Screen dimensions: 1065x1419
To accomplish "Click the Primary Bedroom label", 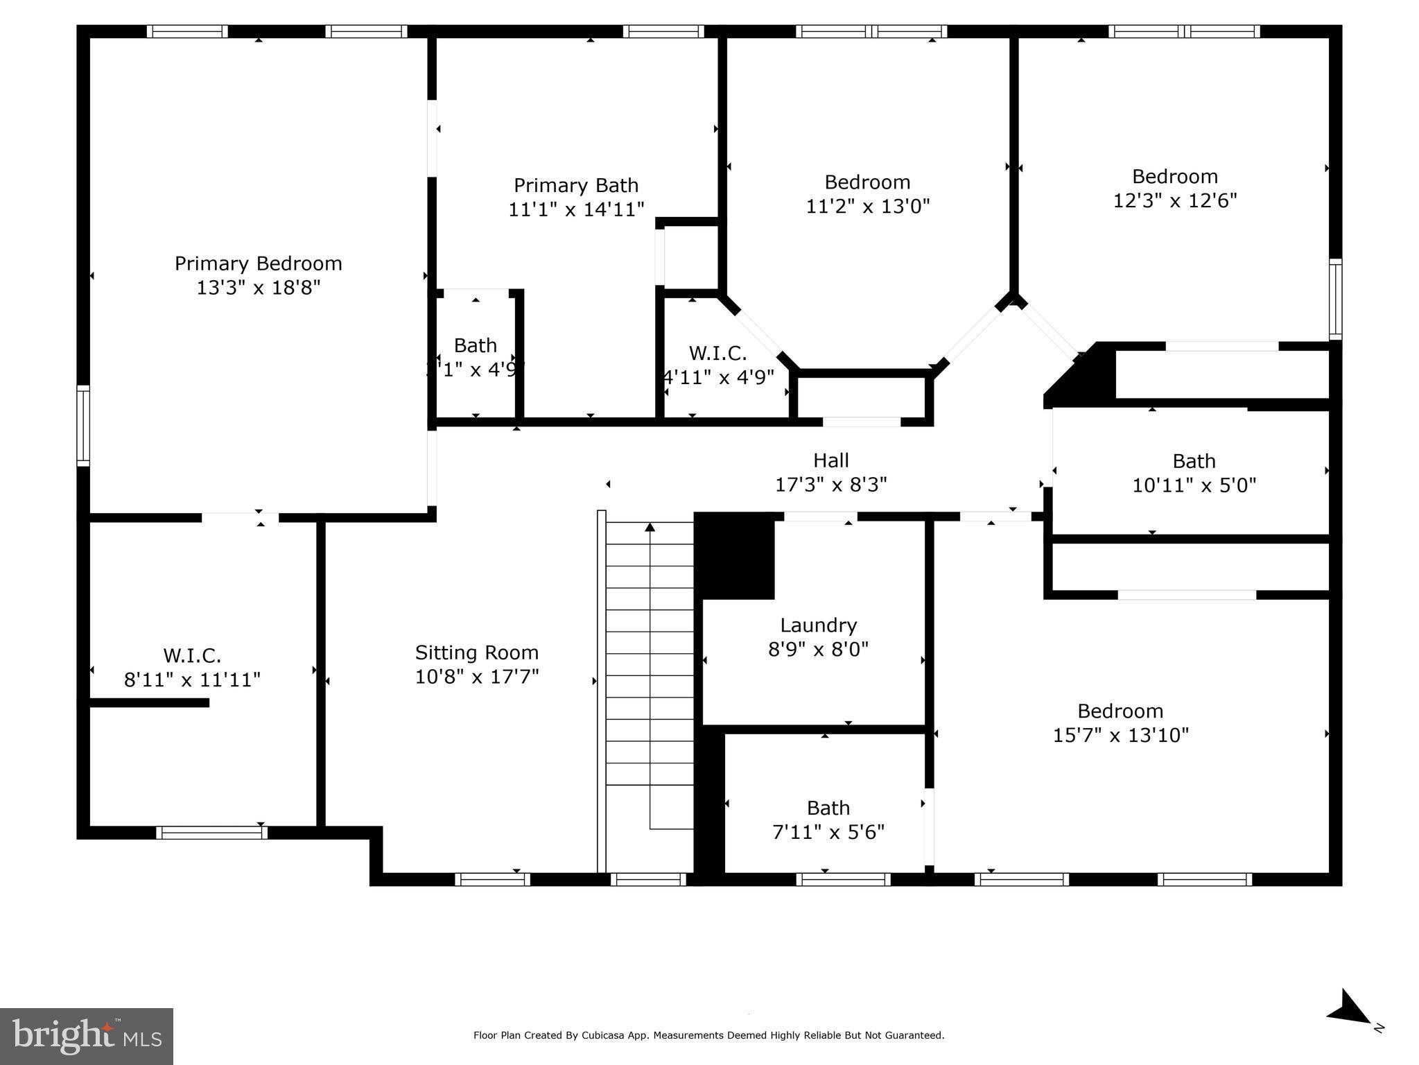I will (258, 263).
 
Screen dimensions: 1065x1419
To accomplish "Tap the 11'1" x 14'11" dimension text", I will (576, 209).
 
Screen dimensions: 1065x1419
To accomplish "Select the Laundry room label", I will (818, 625).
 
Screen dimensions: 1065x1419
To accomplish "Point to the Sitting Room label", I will (476, 652).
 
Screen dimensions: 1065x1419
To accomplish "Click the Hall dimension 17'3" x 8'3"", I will (830, 485).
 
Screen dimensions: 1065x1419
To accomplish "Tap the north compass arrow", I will (1348, 1008).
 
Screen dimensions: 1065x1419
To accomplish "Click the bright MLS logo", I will (87, 1036).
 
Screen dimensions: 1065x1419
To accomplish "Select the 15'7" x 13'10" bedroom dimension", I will (1120, 735).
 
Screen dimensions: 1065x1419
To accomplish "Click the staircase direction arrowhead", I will (650, 528).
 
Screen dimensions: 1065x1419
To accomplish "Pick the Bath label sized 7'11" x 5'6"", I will (828, 808).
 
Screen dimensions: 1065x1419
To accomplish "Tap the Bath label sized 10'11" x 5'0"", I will (1194, 461).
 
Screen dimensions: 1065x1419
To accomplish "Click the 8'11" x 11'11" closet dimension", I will (192, 679).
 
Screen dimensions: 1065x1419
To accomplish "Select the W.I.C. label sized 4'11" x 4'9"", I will (717, 353).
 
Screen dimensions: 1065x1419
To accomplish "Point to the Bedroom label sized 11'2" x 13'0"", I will (867, 182).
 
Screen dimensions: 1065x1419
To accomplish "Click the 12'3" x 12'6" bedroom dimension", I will (1174, 200).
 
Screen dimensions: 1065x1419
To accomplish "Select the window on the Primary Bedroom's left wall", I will (83, 425).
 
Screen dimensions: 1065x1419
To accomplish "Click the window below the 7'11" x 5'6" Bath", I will (842, 879).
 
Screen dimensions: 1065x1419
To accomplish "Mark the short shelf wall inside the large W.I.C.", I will (149, 702).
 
